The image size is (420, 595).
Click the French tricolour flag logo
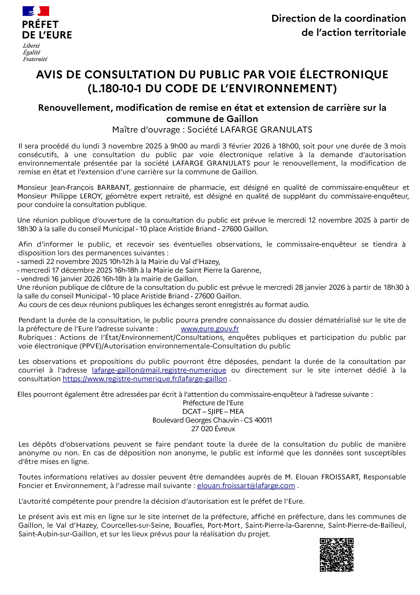(36, 11)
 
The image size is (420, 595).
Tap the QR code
(336, 555)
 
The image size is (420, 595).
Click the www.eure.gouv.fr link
(210, 329)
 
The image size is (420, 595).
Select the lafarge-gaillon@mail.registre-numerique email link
(159, 370)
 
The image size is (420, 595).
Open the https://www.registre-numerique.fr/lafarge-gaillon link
(145, 379)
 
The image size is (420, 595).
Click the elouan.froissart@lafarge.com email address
(246, 486)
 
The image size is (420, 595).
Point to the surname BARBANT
(113, 187)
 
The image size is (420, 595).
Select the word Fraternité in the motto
(35, 59)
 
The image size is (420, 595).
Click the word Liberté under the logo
(31, 46)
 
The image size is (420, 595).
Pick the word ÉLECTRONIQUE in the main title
(344, 75)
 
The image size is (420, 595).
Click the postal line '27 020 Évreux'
(213, 429)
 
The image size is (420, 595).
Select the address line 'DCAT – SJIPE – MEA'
(213, 412)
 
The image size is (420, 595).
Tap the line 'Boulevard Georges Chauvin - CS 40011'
(212, 420)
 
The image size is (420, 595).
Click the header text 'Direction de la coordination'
(338, 18)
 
